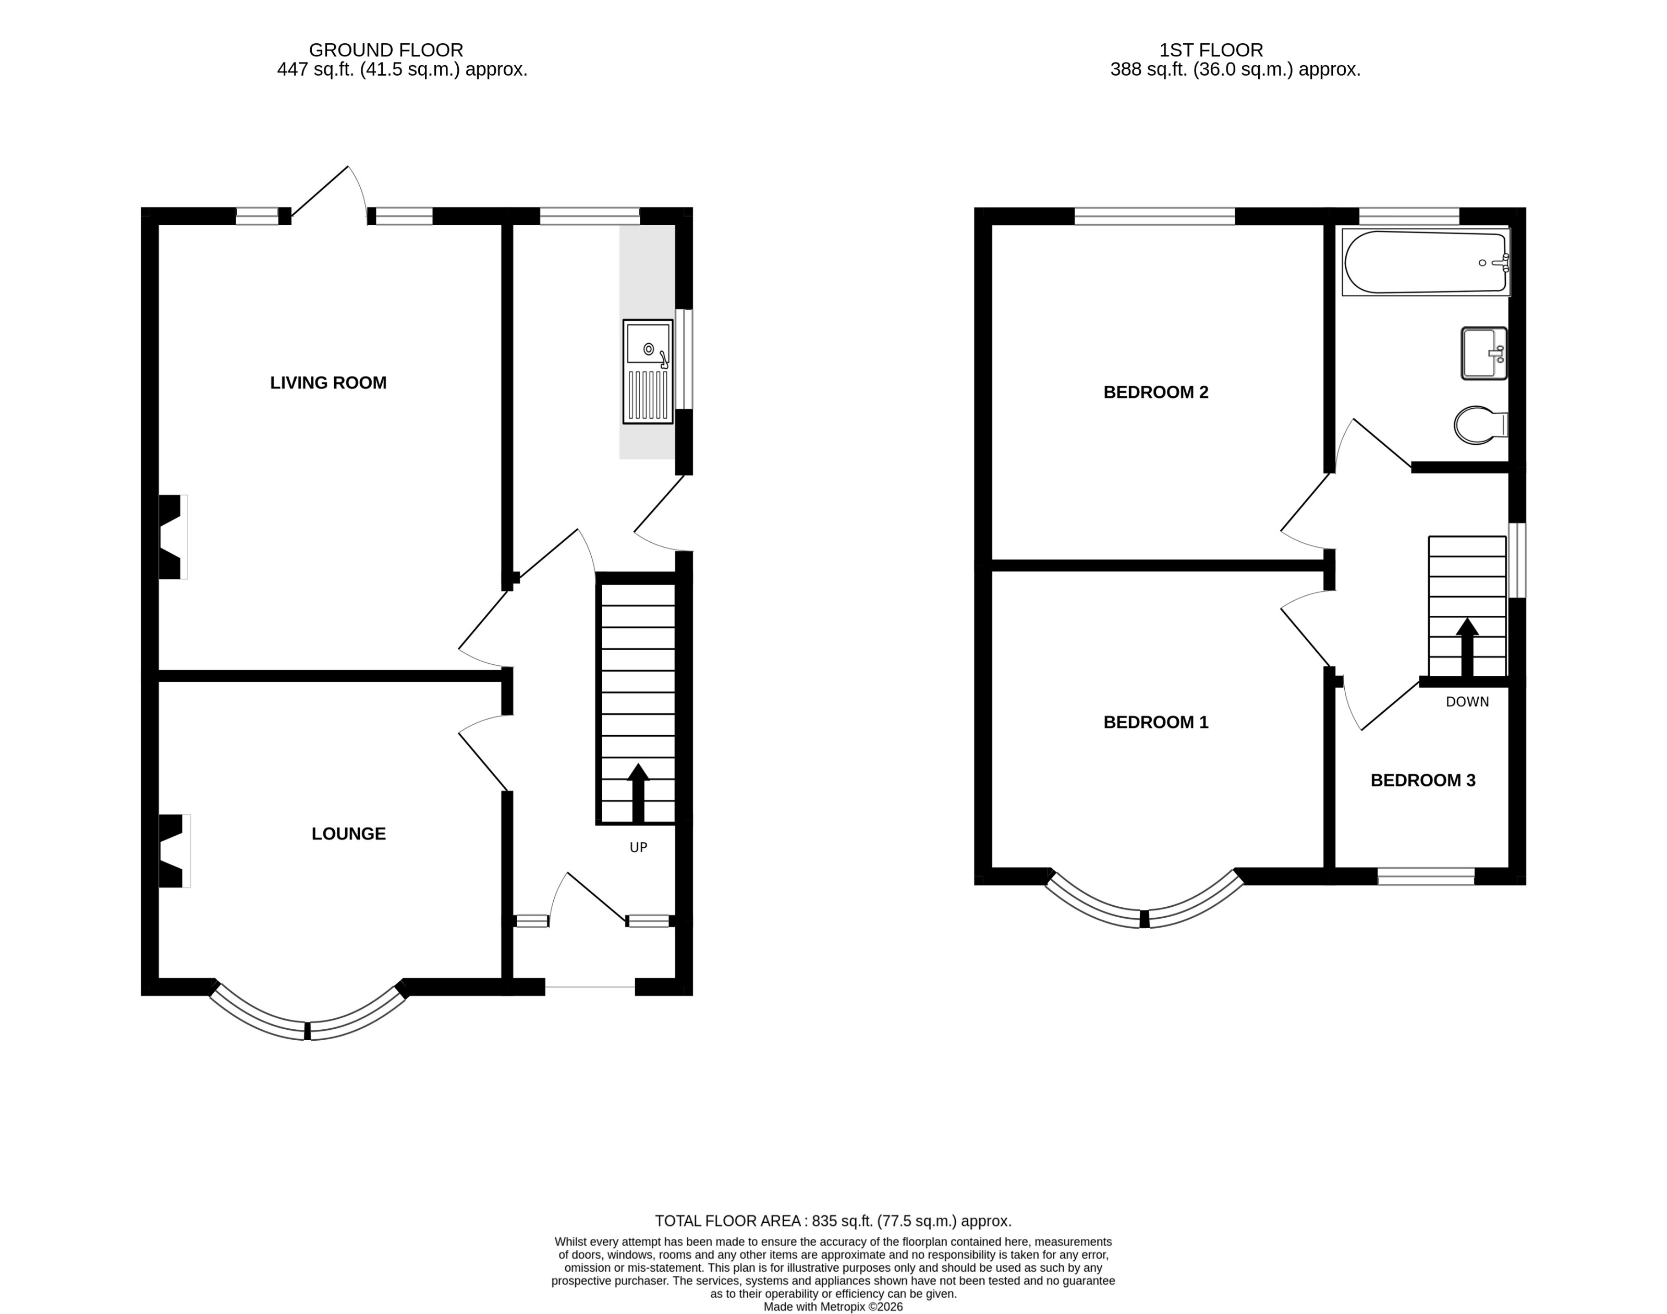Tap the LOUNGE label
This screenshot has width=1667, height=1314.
pos(348,833)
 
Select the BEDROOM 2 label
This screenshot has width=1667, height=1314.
pos(1155,392)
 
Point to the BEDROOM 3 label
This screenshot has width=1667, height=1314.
pos(1422,780)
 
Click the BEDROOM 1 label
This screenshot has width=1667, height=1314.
pos(1155,722)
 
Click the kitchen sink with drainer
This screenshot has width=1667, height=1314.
pos(647,372)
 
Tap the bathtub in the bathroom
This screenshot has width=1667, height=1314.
pos(1425,262)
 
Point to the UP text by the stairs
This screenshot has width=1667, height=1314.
pos(639,847)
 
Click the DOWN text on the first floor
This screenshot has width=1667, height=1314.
pos(1467,702)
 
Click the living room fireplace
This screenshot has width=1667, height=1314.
pos(172,536)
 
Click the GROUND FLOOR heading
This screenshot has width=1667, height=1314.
pos(386,50)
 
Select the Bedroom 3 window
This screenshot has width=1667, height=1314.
pos(1426,876)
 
